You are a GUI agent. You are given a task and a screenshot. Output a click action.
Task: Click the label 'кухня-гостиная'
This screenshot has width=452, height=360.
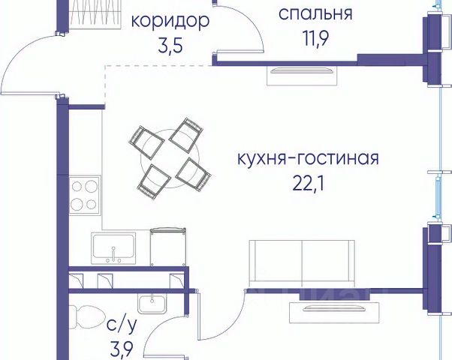coord(307,159)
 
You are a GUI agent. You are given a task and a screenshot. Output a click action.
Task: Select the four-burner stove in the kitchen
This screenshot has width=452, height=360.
coord(84,195)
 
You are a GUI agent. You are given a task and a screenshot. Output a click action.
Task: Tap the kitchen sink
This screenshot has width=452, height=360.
coord(113,247)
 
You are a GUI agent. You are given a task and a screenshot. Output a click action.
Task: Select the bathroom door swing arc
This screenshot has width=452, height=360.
coord(169,330)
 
